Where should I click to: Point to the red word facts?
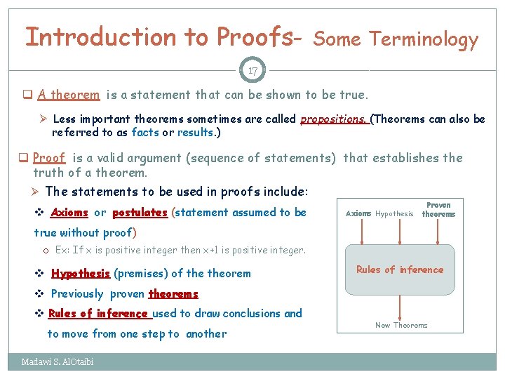[x=145, y=133]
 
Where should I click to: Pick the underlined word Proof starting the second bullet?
[x=49, y=159]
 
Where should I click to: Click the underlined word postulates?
[x=140, y=213]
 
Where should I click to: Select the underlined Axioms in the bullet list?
[x=69, y=213]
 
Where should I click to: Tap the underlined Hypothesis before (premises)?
[x=80, y=274]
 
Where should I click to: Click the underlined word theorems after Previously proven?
[x=173, y=294]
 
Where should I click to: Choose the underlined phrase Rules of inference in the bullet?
[x=97, y=314]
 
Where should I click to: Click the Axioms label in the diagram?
[x=358, y=213]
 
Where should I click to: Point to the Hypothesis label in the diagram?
[x=394, y=213]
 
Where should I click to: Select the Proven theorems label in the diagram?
[x=438, y=209]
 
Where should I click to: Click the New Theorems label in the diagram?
[x=401, y=325]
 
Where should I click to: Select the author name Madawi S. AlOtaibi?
[x=57, y=362]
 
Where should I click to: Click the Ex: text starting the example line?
[x=62, y=250]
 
